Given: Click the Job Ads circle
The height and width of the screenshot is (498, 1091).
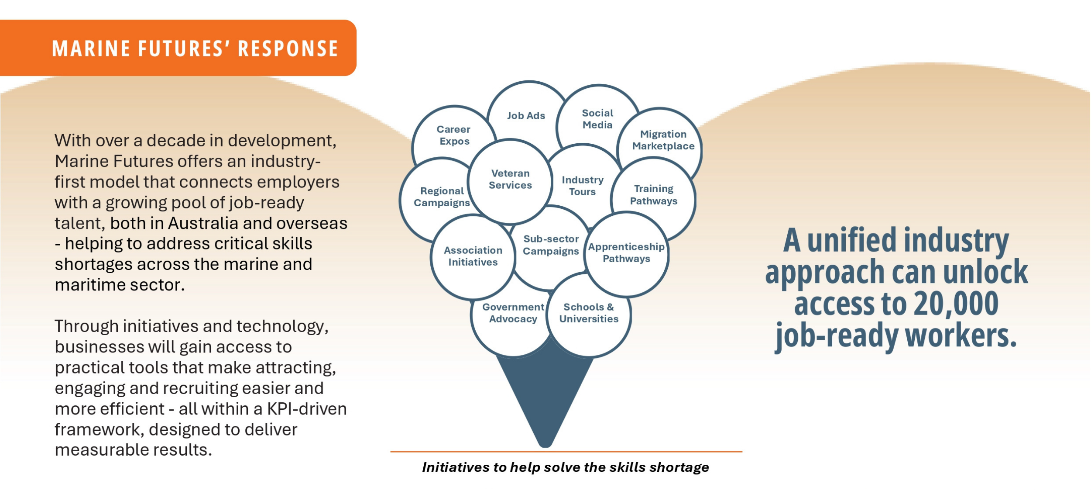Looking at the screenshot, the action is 526,116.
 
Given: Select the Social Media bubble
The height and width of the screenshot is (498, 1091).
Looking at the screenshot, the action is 597,119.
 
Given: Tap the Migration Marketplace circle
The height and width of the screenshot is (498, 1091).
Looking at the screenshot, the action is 663,140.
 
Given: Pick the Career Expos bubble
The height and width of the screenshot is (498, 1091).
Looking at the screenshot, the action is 454,135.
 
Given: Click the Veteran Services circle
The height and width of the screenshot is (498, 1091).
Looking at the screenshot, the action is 510,180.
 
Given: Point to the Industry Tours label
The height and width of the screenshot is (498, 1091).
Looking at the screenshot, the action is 582,186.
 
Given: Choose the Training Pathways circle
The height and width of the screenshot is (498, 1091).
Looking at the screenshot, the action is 653,195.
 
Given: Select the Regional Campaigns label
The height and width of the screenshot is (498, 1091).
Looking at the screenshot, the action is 442,197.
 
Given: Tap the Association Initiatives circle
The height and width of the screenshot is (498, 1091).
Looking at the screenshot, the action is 473,256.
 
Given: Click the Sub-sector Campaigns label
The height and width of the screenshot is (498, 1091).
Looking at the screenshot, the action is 551,245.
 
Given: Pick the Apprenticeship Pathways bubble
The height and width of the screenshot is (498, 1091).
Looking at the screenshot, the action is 626,253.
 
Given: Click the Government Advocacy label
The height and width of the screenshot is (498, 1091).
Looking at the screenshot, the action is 513,313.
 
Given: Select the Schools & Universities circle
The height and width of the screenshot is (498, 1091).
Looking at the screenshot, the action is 589,313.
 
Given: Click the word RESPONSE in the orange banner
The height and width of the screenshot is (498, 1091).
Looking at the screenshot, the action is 288,48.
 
